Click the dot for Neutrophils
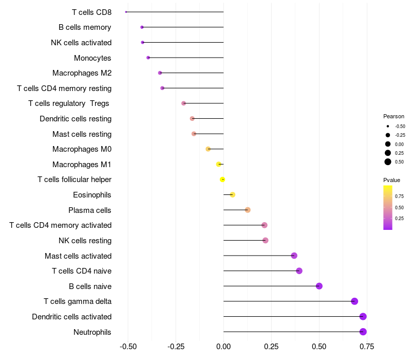click(x=363, y=332)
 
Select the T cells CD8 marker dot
click(x=126, y=12)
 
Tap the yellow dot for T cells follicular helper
click(x=222, y=179)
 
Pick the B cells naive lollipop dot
click(x=319, y=286)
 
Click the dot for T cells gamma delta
click(x=354, y=301)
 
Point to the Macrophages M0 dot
click(x=208, y=149)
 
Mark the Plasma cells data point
click(x=248, y=210)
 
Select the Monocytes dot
click(x=148, y=58)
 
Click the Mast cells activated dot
click(x=294, y=256)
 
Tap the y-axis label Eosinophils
click(x=92, y=195)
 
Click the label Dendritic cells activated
click(x=71, y=317)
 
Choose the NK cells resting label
click(x=85, y=241)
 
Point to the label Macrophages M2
click(x=82, y=73)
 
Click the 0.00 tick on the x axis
click(x=223, y=346)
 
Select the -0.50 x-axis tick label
click(x=127, y=346)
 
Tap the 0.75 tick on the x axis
click(x=367, y=346)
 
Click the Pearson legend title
click(x=394, y=116)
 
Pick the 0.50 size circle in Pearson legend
click(x=388, y=162)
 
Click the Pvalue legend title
click(x=391, y=180)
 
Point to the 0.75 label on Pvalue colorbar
click(x=399, y=196)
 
